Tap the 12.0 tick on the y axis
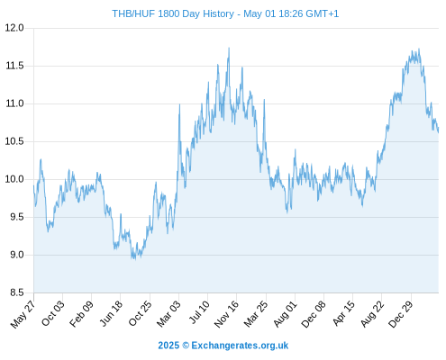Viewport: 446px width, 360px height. (x=14, y=28)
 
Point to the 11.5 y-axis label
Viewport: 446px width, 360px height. (x=14, y=66)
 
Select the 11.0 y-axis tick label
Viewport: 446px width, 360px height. (x=14, y=103)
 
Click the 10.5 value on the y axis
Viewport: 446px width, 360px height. (x=14, y=141)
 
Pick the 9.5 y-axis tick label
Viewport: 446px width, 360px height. (x=17, y=217)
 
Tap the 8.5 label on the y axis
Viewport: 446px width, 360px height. (x=17, y=292)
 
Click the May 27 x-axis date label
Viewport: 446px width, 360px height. (x=23, y=314)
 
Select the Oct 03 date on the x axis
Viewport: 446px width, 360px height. (x=52, y=313)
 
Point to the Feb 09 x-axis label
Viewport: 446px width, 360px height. (x=81, y=314)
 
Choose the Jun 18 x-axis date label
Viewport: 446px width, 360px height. (x=111, y=313)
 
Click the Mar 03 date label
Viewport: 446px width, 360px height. (x=168, y=314)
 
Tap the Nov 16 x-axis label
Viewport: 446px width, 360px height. (x=226, y=314)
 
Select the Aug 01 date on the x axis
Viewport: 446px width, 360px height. (x=285, y=314)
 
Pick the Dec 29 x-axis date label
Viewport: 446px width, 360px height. (x=401, y=314)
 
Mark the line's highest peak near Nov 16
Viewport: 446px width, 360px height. (x=229, y=48)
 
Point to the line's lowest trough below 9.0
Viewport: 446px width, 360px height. (x=135, y=259)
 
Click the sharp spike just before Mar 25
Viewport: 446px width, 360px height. (x=264, y=100)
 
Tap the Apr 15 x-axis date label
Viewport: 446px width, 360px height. (x=343, y=313)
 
